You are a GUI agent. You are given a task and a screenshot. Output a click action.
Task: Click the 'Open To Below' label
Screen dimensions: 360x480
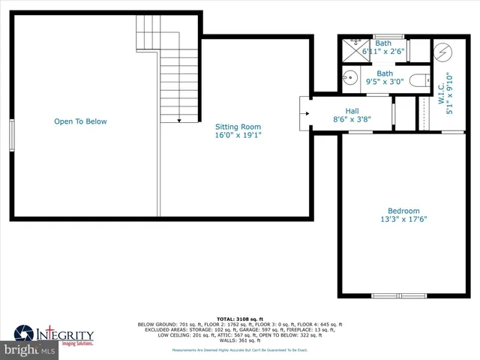point(80,121)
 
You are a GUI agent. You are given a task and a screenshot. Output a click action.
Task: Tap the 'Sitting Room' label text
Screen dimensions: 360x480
point(238,127)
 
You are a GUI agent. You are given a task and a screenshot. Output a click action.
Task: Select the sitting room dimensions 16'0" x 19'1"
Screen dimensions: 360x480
point(238,136)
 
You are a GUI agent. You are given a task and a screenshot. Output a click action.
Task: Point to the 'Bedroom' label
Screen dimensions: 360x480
point(403,211)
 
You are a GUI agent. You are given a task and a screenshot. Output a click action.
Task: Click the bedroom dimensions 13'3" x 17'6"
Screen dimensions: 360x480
point(403,220)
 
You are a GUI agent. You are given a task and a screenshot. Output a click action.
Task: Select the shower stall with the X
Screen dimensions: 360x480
point(350,51)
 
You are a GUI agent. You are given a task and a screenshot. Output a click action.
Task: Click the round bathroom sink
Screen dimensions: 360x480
point(349,77)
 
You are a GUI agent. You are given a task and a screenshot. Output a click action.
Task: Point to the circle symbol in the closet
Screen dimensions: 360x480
point(442,52)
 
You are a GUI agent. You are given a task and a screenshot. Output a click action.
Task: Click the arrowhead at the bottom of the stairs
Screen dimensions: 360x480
point(180,119)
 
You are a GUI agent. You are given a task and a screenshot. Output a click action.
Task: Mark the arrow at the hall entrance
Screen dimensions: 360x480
point(304,115)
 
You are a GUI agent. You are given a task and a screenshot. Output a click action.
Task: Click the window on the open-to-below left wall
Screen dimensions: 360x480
point(11,136)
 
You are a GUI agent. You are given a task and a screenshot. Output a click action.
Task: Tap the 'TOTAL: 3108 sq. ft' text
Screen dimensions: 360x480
point(239,319)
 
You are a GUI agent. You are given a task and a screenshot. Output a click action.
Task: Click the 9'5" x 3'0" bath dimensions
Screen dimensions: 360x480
point(384,82)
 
